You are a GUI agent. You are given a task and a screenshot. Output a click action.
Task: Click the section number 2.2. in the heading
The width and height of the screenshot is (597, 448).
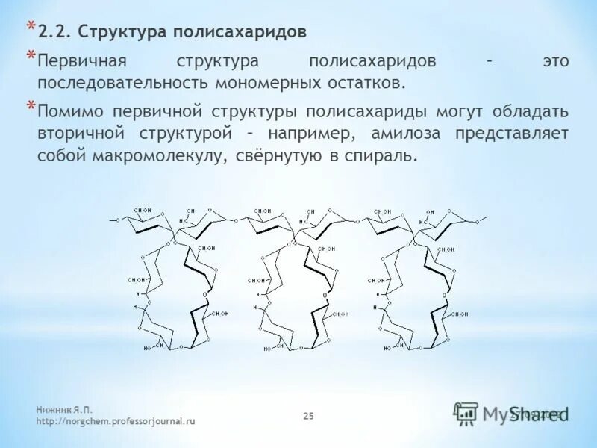(54, 32)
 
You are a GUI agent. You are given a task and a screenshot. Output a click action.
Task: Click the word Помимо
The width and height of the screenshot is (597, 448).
(72, 112)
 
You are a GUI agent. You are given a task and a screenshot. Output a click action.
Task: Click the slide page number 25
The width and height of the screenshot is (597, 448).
(308, 416)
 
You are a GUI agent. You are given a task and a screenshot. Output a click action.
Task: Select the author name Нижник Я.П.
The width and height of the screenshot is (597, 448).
(66, 410)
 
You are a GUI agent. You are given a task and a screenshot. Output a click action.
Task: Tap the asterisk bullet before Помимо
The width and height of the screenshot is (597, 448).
(31, 106)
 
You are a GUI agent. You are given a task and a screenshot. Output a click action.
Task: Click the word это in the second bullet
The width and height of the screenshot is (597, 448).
(555, 61)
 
